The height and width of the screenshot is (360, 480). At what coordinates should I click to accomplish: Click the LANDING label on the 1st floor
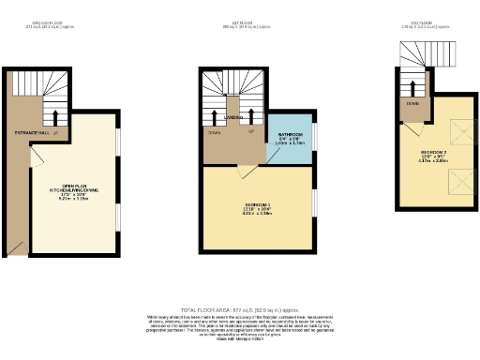click(x=234, y=118)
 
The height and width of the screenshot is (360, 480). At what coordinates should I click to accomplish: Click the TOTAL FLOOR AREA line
click(x=240, y=308)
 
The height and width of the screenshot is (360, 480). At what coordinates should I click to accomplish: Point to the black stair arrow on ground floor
click(x=57, y=119)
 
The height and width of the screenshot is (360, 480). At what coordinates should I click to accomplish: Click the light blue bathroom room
click(x=289, y=141)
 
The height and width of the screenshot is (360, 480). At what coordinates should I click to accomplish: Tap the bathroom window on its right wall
click(x=313, y=136)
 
